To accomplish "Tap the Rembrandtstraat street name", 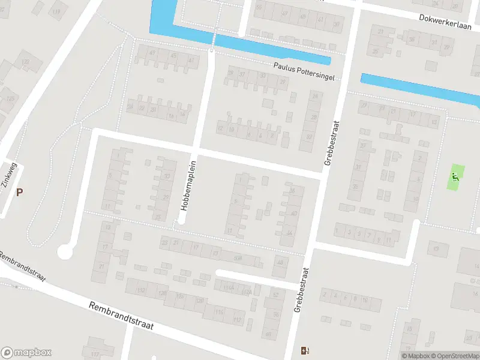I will coord(121,316).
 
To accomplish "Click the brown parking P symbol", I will coord(20,192).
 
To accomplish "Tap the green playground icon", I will coord(455,177).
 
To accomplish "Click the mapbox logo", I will coord(26,352).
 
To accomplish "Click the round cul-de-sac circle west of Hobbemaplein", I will coord(65,253).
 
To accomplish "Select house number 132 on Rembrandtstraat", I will coord(142,290).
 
